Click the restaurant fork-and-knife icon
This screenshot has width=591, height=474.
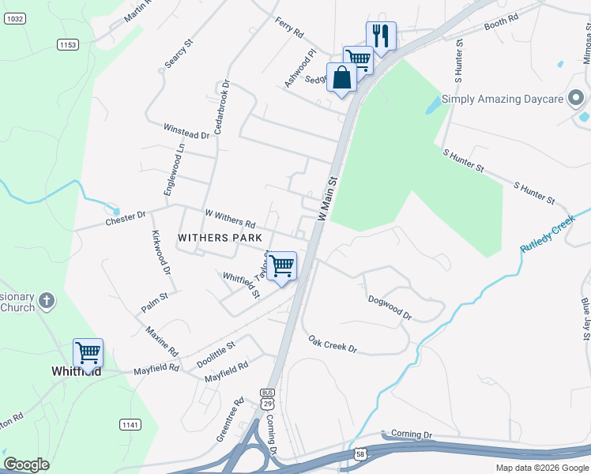[x=381, y=36]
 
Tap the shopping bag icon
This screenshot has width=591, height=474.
[x=341, y=77]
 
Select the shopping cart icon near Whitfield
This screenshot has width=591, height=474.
[x=88, y=352]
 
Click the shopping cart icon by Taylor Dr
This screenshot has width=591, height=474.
[x=281, y=266]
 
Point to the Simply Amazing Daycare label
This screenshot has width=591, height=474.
[x=502, y=100]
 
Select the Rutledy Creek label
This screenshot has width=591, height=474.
[x=547, y=237]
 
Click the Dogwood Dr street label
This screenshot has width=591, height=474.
[x=390, y=307]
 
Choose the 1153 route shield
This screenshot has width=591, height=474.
[x=68, y=45]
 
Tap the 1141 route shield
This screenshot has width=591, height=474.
[x=130, y=425]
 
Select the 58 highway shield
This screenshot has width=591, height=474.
[x=360, y=454]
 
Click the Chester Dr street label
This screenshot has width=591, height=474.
[x=126, y=218]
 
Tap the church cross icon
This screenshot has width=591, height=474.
[x=47, y=301]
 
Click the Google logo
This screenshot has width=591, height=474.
[x=27, y=465]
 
